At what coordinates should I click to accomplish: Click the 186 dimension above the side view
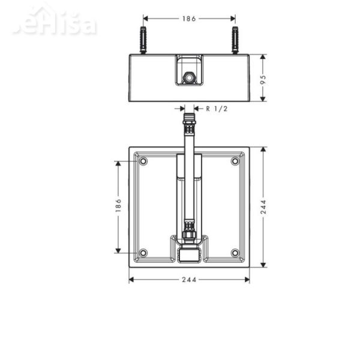pos(188,19)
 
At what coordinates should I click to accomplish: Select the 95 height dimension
pos(263,79)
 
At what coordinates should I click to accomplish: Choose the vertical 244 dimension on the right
pos(263,206)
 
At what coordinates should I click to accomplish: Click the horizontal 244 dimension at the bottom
pos(188,280)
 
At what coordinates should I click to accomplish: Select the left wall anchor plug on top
pos(143,40)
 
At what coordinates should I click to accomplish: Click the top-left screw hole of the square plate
pos(143,161)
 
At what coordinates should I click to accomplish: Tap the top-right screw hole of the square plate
pos(235,161)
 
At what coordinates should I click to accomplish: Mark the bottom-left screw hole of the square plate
pos(143,253)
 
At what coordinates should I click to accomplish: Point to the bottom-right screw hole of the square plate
pos(235,253)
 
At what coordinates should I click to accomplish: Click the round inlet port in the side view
pos(188,78)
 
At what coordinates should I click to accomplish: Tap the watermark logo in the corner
pos(54,24)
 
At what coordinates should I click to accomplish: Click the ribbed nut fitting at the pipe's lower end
pos(189,231)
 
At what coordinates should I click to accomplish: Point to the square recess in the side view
pos(188,70)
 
